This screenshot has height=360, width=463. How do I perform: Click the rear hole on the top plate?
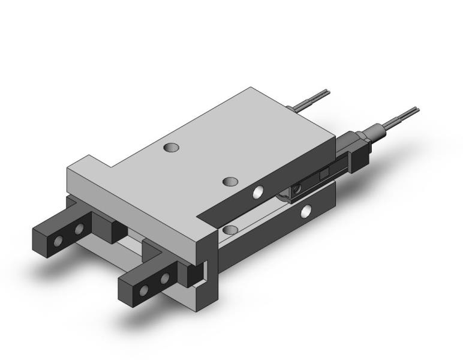pos(173,146)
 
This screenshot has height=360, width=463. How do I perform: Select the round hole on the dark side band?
pos(258,192)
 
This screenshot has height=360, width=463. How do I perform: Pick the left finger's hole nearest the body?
pos(78,230)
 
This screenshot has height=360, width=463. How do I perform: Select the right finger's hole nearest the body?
pos(164,278)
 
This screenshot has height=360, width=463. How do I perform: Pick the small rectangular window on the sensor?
pos(324,174)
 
